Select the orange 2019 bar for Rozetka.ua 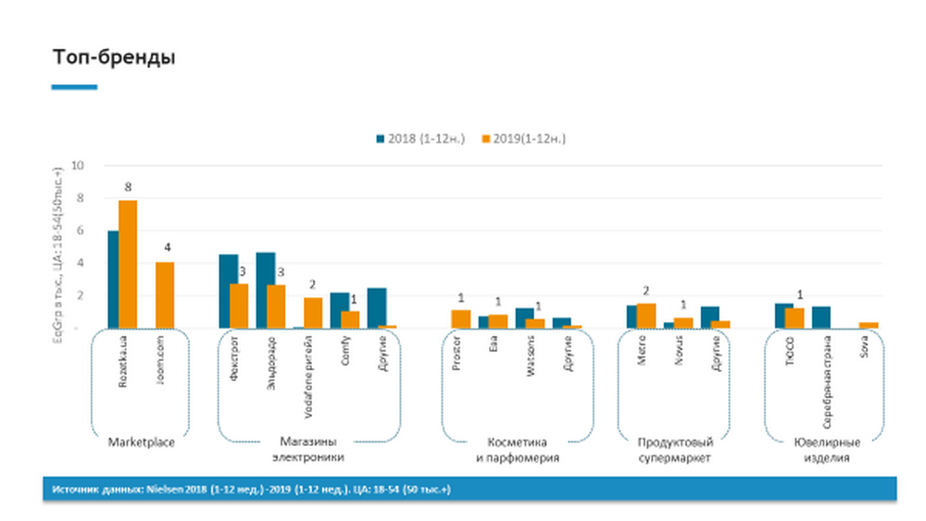pos(128,264)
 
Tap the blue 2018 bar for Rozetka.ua pos(113,279)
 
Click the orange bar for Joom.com pos(165,295)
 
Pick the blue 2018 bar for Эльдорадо pos(265,291)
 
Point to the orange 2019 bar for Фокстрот pos(239,306)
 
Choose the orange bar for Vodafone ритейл pos(313,313)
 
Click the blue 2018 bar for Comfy pos(340,310)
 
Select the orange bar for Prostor pos(461,319)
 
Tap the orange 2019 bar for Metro pos(646,316)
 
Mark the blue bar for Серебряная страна pos(820,317)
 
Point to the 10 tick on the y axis pos(78,166)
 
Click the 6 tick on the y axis pos(81,230)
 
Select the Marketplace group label pos(141,441)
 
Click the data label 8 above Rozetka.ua pos(128,187)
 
